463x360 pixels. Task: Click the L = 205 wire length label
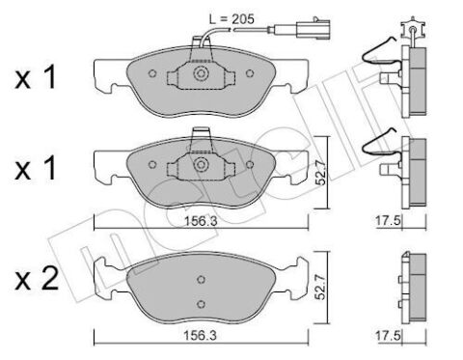(x=231, y=19)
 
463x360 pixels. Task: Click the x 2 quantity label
(x=37, y=279)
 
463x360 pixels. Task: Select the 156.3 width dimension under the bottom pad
(x=200, y=336)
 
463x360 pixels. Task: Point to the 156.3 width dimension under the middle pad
(x=201, y=221)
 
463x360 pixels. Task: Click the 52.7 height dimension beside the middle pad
(x=320, y=173)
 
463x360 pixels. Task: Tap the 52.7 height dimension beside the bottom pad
(x=320, y=287)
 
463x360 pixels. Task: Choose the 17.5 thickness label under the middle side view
(x=388, y=221)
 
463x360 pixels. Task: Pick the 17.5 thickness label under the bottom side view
(x=388, y=336)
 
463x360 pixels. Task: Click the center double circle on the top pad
(x=201, y=73)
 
